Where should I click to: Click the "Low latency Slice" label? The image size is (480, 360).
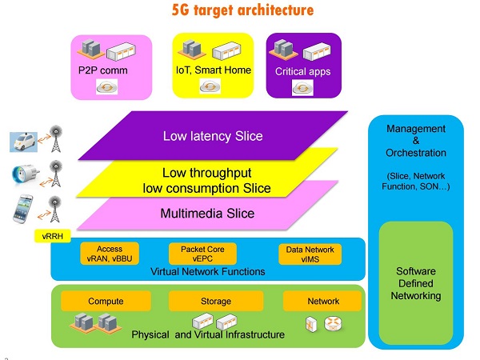(x=212, y=136)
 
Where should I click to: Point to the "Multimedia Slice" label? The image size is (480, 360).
(x=208, y=214)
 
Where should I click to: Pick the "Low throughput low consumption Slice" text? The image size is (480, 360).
(x=216, y=181)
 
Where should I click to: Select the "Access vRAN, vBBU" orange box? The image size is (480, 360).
(x=109, y=254)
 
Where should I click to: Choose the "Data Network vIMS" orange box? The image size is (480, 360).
(x=310, y=254)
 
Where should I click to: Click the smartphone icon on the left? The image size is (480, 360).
(x=22, y=210)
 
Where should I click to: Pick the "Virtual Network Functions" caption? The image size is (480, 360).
(x=207, y=272)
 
